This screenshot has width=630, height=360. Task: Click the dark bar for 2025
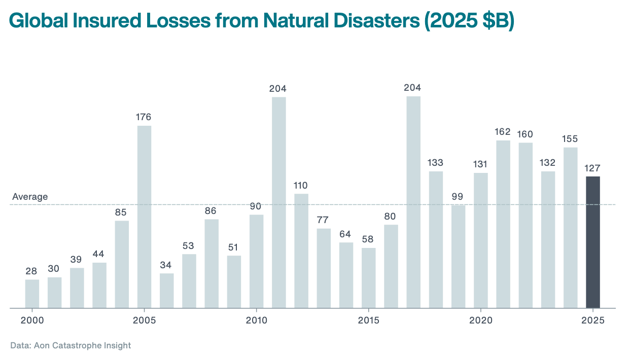[x=592, y=242]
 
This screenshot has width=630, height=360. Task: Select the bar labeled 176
[x=144, y=217]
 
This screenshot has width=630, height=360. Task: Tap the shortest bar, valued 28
[x=32, y=294]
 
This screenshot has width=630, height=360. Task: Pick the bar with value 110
[x=301, y=250]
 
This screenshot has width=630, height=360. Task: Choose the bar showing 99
[x=458, y=256]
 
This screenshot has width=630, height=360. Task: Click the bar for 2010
[x=256, y=261]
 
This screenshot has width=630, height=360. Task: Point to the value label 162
[x=503, y=132]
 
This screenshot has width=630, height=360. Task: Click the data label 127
[x=592, y=168]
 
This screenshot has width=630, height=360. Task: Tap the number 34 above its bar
[x=166, y=265]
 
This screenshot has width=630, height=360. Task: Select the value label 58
[x=368, y=239]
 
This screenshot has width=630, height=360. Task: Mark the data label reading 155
[x=570, y=139]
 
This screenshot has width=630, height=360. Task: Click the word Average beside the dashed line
[x=30, y=197]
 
